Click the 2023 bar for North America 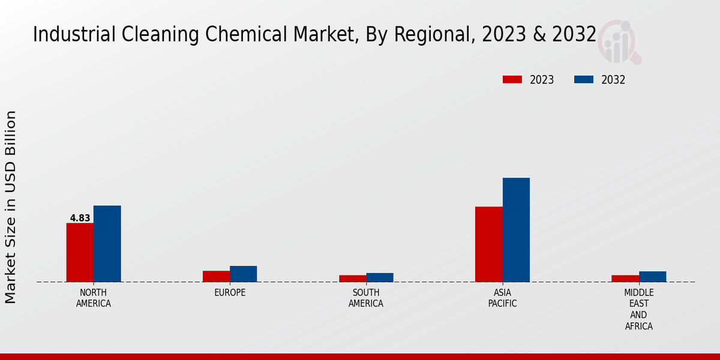click(x=80, y=252)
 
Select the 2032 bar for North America click(x=107, y=244)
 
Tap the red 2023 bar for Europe click(x=216, y=276)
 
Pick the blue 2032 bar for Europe click(x=243, y=274)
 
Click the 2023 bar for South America click(x=352, y=278)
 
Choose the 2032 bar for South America click(x=380, y=277)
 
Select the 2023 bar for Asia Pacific click(x=488, y=244)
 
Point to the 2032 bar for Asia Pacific click(x=516, y=230)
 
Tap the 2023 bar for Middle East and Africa click(x=625, y=278)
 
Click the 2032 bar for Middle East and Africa click(x=652, y=277)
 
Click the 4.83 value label click(x=80, y=218)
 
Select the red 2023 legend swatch click(x=512, y=80)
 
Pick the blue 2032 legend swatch click(x=584, y=80)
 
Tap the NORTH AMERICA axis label click(x=94, y=298)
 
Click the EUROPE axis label click(x=230, y=293)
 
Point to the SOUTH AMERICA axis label click(x=366, y=298)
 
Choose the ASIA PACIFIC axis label click(x=503, y=298)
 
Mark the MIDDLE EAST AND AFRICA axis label click(x=638, y=310)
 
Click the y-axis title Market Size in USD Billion click(x=11, y=207)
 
